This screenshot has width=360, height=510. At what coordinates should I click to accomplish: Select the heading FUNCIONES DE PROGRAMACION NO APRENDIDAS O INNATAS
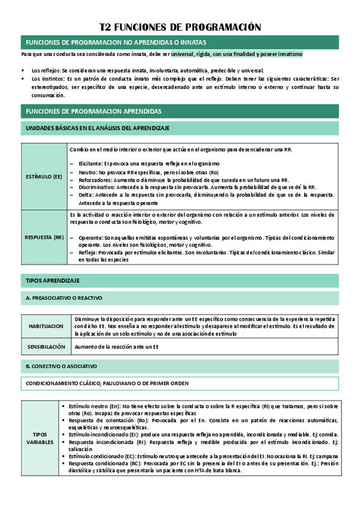pyautogui.click(x=114, y=42)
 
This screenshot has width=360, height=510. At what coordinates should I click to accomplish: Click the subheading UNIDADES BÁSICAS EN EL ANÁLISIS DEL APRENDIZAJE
pyautogui.click(x=97, y=128)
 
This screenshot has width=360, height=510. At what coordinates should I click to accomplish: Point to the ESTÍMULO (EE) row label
pyautogui.click(x=44, y=177)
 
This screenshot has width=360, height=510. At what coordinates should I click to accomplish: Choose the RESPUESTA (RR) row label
pyautogui.click(x=44, y=238)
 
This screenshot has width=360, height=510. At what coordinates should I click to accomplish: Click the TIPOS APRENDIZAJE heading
pyautogui.click(x=52, y=281)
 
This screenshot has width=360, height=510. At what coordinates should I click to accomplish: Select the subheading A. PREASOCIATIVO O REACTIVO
pyautogui.click(x=64, y=298)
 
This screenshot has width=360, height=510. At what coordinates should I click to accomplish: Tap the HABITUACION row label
pyautogui.click(x=46, y=325)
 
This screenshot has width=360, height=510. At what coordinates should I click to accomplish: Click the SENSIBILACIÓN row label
pyautogui.click(x=46, y=347)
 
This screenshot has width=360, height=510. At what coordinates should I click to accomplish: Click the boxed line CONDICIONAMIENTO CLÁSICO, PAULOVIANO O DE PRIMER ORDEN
pyautogui.click(x=106, y=383)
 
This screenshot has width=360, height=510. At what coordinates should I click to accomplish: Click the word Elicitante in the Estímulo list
pyautogui.click(x=90, y=164)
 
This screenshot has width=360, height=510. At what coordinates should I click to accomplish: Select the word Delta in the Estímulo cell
pyautogui.click(x=85, y=195)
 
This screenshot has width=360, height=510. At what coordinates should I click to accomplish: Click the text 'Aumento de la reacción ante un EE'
pyautogui.click(x=117, y=347)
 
